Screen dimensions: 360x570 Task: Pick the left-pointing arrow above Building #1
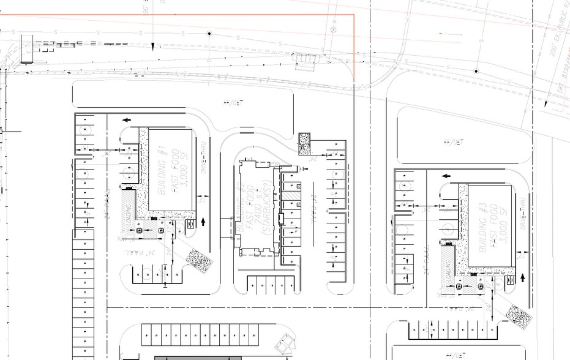[x=126, y=120]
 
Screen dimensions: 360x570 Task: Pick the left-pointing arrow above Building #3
[x=446, y=176]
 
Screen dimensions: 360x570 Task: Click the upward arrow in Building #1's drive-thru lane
[x=203, y=220]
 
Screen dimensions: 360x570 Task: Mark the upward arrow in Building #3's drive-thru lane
[x=523, y=277]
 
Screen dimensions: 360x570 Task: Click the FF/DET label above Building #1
[x=233, y=103]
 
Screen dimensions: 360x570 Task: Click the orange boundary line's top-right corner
[x=354, y=15]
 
